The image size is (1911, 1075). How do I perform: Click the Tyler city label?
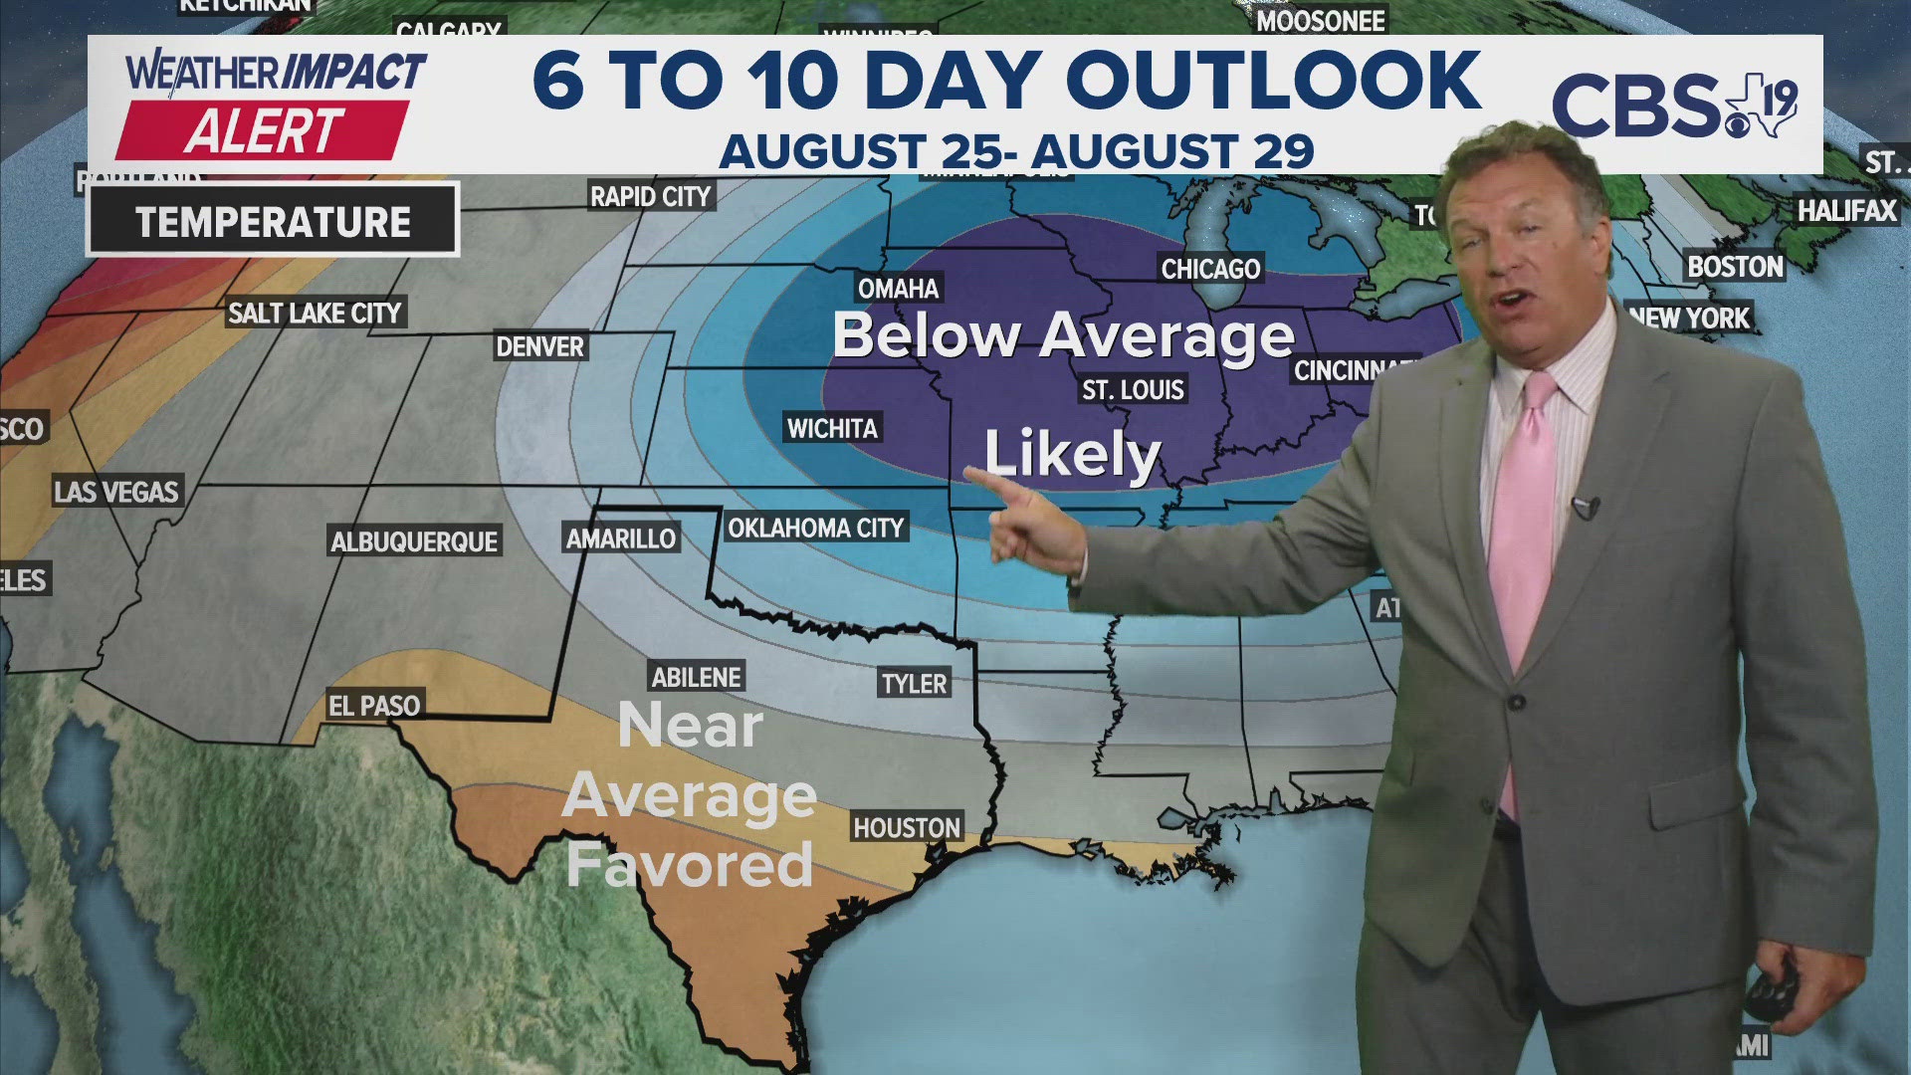(x=914, y=684)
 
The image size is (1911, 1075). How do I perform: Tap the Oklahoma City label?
(x=815, y=528)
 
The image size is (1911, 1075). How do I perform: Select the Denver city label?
(x=540, y=346)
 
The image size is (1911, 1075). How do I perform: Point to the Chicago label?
(x=1210, y=269)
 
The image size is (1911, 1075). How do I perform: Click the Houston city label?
(x=906, y=827)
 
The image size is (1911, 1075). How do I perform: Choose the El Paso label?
(x=374, y=706)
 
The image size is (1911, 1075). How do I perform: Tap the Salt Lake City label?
(x=315, y=314)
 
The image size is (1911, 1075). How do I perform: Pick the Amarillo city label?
(x=621, y=538)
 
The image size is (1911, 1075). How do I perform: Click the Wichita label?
(x=832, y=429)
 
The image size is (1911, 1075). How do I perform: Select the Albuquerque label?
(x=414, y=541)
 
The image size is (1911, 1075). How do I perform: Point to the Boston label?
(x=1735, y=267)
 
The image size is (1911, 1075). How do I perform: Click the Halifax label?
(x=1846, y=211)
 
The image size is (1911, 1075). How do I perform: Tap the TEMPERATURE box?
(x=273, y=221)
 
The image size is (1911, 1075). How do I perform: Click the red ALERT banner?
(x=263, y=130)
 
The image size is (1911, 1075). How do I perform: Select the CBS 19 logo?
(x=1674, y=106)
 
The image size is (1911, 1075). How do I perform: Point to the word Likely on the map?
(x=1073, y=454)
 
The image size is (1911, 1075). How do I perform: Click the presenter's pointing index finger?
(x=980, y=478)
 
